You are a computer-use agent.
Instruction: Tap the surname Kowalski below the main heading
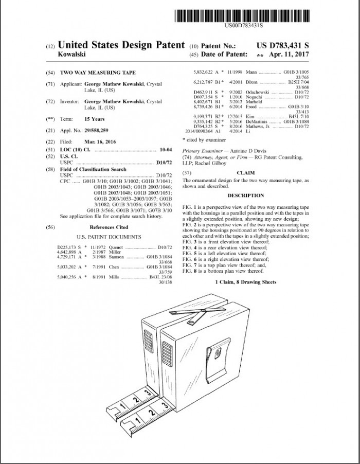point(71,54)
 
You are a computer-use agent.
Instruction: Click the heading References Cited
point(109,227)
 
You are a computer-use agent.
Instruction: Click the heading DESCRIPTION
point(246,195)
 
